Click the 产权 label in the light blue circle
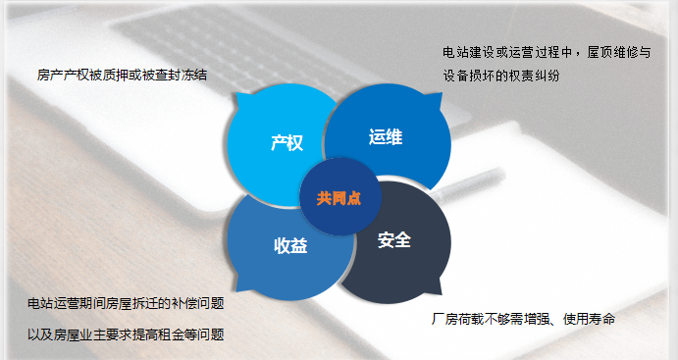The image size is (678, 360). tap(287, 143)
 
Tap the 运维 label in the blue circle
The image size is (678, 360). tap(386, 137)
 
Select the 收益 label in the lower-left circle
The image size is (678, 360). tap(290, 246)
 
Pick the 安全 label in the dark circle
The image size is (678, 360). tap(393, 239)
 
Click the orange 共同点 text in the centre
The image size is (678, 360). tap(339, 198)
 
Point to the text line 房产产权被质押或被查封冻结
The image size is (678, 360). tap(122, 75)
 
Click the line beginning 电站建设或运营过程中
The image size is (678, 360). tap(547, 53)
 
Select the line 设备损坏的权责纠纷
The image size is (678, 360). tap(500, 76)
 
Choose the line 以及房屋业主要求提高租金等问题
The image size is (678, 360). tap(126, 334)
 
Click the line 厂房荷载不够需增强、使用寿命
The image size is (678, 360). tap(523, 320)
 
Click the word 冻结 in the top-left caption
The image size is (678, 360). tap(194, 75)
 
